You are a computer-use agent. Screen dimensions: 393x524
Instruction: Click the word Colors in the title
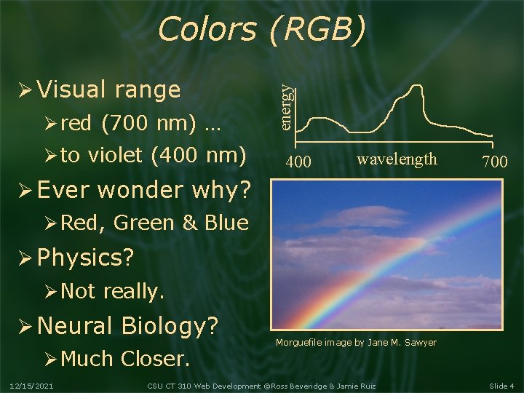click(x=206, y=30)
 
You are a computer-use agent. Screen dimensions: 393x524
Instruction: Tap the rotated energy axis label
click(x=288, y=106)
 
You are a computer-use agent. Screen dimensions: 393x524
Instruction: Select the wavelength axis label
click(x=397, y=159)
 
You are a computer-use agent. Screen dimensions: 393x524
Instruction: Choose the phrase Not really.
click(x=113, y=291)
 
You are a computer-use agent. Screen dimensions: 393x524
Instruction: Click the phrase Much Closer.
click(x=125, y=358)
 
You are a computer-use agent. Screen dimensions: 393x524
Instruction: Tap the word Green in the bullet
click(x=145, y=223)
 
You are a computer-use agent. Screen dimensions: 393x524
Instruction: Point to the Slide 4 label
click(x=501, y=386)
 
